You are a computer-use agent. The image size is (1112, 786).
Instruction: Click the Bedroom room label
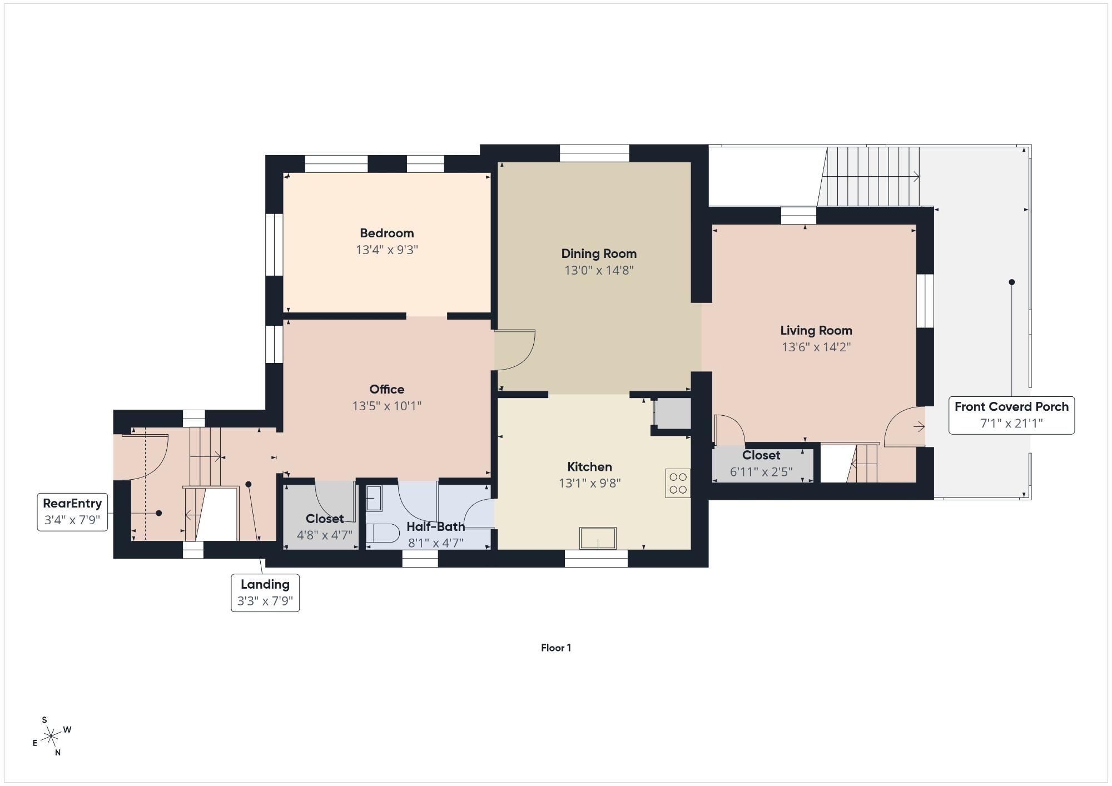tap(386, 233)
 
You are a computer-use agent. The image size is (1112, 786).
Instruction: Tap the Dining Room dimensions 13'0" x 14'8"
tap(599, 271)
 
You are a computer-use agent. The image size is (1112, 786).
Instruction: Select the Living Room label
tap(816, 331)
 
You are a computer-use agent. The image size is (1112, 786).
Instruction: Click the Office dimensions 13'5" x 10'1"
tap(386, 406)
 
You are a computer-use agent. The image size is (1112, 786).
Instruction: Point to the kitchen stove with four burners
tap(678, 483)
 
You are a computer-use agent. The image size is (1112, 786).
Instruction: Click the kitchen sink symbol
tap(598, 538)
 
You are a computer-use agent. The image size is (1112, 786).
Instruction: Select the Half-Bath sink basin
tap(374, 499)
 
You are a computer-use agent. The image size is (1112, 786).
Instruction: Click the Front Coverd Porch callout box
tap(1011, 415)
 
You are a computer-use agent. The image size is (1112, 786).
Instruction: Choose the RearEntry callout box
tap(72, 512)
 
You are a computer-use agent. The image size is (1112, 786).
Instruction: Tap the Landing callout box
tap(265, 593)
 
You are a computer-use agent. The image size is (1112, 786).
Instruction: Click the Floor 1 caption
tap(556, 648)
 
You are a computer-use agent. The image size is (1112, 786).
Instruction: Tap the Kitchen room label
tap(589, 467)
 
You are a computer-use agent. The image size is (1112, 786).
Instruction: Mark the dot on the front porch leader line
tap(1012, 282)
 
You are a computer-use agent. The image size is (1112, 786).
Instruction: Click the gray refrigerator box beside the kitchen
tap(672, 414)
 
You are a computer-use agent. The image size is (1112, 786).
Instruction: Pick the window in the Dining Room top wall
tap(594, 153)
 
